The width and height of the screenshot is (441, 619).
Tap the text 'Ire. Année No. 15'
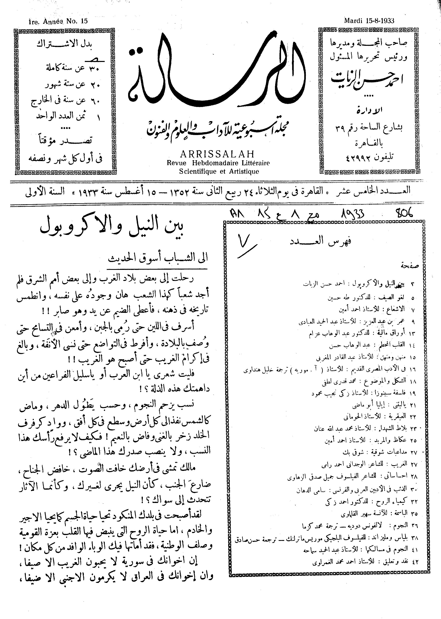58,21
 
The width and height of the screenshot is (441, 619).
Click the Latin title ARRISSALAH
217,154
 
